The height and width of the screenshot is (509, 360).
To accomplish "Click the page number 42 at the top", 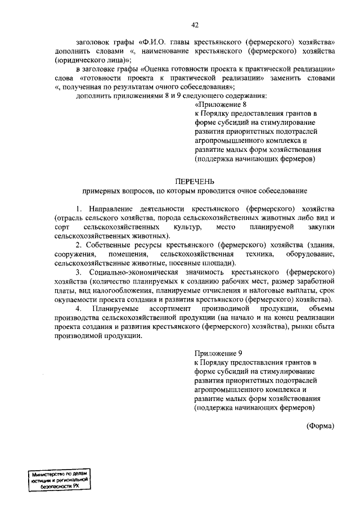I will click(x=195, y=25).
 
